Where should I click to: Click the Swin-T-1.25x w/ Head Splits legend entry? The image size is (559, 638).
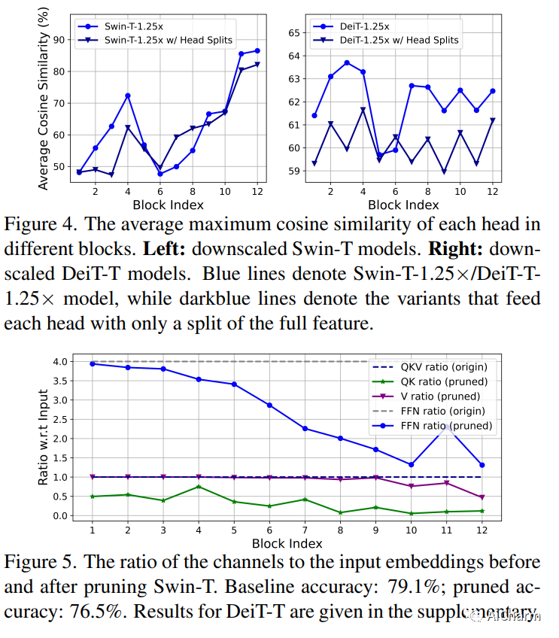(168, 39)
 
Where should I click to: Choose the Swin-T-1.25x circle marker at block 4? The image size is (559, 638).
(128, 96)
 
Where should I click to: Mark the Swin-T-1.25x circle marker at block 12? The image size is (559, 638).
(257, 50)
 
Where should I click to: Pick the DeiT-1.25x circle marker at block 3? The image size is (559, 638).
(347, 62)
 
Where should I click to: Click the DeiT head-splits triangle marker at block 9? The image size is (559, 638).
(444, 172)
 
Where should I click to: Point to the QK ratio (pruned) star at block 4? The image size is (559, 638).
(199, 487)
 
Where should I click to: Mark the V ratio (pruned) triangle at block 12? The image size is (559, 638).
(482, 497)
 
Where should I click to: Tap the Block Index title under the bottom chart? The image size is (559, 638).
(287, 543)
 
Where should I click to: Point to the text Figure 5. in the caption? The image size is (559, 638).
(41, 563)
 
